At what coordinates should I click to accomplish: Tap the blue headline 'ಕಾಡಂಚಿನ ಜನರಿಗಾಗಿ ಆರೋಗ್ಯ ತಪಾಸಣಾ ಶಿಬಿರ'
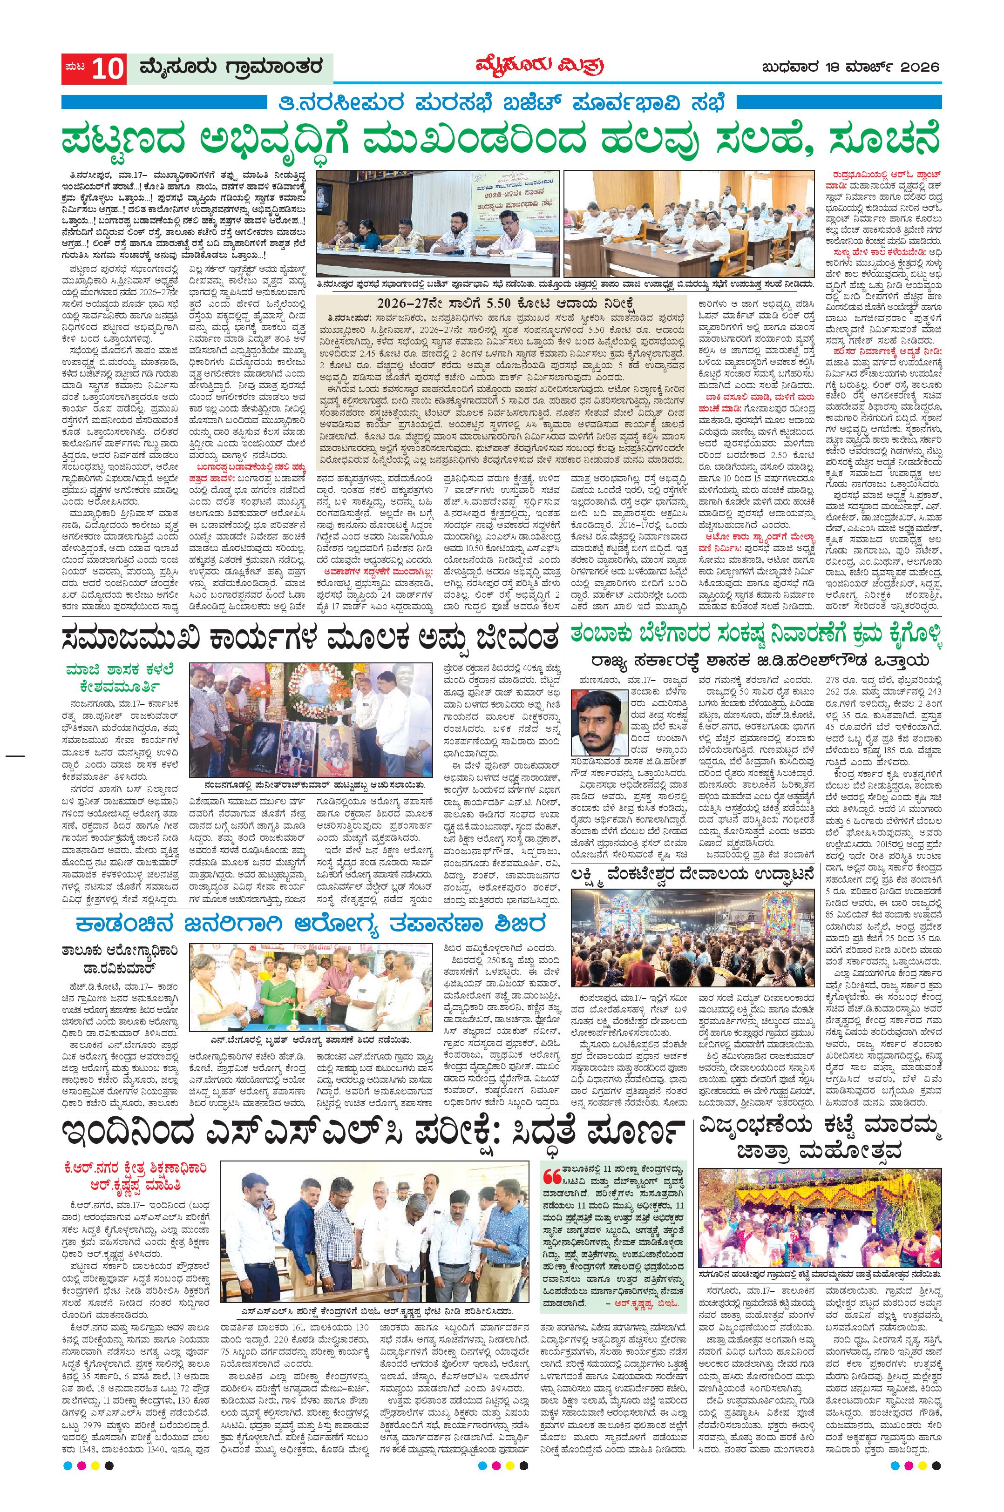click(x=310, y=925)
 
